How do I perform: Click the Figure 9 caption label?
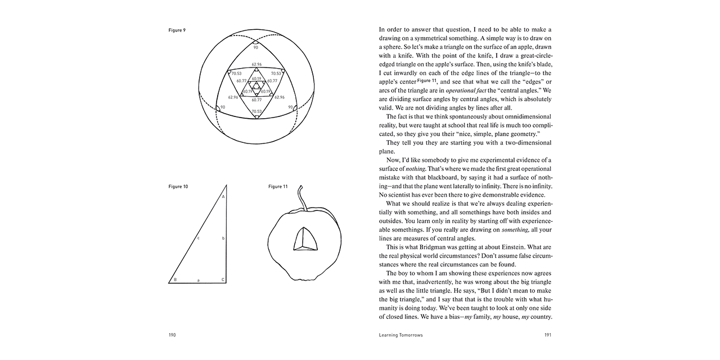pyautogui.click(x=177, y=30)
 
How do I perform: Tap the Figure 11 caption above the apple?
pyautogui.click(x=278, y=187)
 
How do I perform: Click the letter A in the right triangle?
pyautogui.click(x=223, y=197)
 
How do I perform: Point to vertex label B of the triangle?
pyautogui.click(x=175, y=280)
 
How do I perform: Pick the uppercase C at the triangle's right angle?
pyautogui.click(x=223, y=280)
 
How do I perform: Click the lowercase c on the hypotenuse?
pyautogui.click(x=198, y=238)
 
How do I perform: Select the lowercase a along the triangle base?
pyautogui.click(x=198, y=280)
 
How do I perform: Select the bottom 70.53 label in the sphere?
pyautogui.click(x=256, y=111)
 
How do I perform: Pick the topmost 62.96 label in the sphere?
pyautogui.click(x=256, y=64)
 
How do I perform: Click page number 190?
pyautogui.click(x=172, y=335)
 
